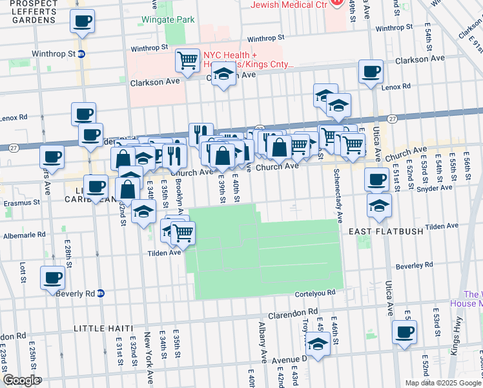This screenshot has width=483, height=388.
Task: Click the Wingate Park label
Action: (170, 20)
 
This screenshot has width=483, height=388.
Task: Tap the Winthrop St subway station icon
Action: (81, 54)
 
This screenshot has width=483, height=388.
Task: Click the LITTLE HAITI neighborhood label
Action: (103, 329)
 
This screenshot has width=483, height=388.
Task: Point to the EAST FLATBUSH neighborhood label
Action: (385, 231)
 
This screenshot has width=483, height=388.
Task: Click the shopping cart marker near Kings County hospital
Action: (187, 61)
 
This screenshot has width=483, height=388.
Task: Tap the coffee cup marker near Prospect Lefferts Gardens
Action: (83, 21)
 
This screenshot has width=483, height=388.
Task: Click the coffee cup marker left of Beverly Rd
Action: (52, 279)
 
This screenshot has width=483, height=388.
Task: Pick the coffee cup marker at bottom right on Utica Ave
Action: (405, 332)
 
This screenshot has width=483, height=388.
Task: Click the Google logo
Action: (21, 380)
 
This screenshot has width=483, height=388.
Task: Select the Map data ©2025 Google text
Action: (442, 383)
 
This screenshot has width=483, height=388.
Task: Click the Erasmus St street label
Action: (19, 202)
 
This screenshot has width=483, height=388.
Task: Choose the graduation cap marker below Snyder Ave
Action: (379, 206)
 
